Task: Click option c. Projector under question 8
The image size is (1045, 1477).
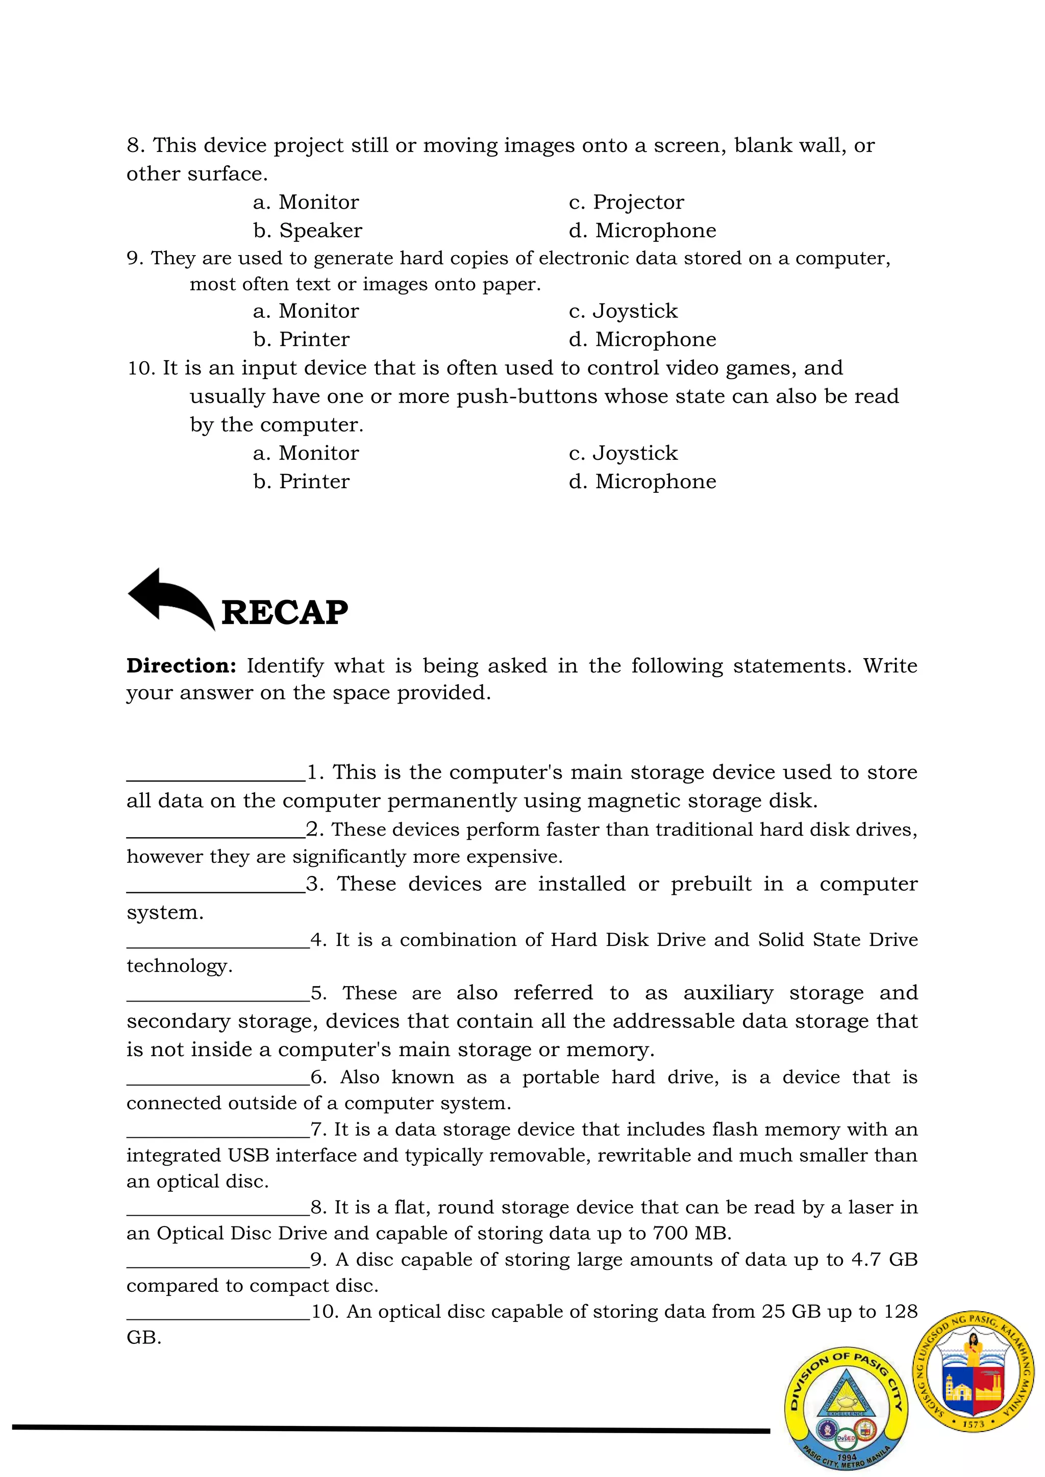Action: tap(626, 202)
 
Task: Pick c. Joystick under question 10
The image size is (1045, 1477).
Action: tap(623, 453)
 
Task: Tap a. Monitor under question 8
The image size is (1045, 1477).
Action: tap(306, 202)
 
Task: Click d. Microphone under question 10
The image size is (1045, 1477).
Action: tap(642, 481)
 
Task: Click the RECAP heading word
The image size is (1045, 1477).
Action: tap(284, 612)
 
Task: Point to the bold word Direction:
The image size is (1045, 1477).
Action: tap(182, 665)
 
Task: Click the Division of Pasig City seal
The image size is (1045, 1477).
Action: tap(845, 1409)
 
